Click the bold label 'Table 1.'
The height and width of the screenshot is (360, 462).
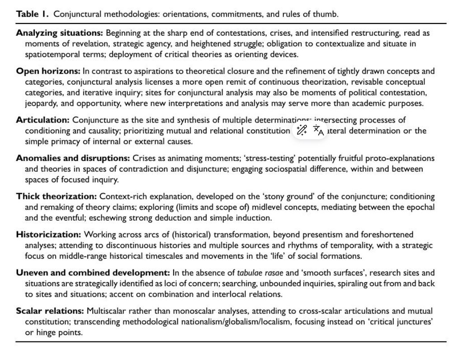[33, 14]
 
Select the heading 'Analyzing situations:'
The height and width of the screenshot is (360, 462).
[60, 33]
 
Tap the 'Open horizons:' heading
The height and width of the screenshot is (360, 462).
[48, 71]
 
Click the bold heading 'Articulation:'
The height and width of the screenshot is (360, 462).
[43, 120]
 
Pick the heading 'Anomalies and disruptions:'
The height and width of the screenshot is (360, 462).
[73, 158]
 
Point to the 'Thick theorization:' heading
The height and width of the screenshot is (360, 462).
[57, 197]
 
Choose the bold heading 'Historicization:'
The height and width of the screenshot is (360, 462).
[48, 235]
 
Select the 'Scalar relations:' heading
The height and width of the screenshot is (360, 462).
[50, 311]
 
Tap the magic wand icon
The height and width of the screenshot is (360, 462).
[302, 130]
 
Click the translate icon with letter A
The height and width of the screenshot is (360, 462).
[319, 131]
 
